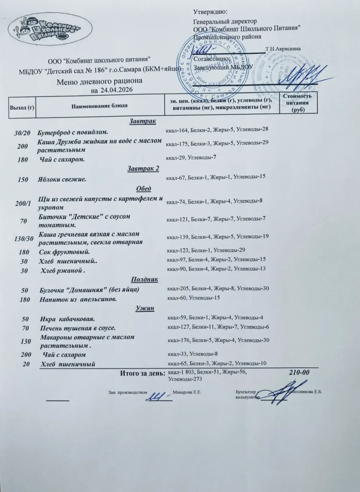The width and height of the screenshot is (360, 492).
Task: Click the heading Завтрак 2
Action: (144, 169)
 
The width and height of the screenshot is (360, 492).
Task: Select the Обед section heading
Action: (144, 188)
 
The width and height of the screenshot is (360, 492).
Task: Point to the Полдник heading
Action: (144, 279)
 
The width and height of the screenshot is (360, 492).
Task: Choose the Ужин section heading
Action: (144, 308)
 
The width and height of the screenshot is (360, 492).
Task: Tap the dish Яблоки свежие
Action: (62, 179)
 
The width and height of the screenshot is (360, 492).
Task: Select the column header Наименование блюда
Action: (100, 105)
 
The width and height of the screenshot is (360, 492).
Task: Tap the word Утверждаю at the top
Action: (210, 12)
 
